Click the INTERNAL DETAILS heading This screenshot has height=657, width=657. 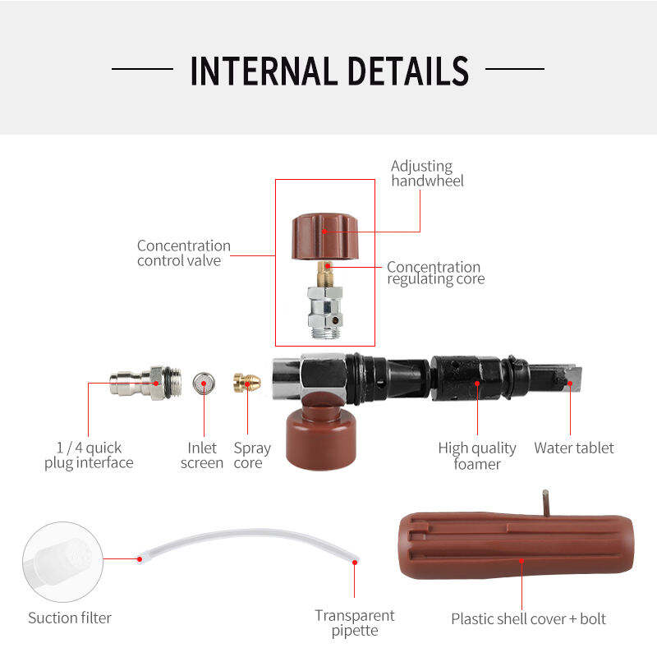[x=329, y=71]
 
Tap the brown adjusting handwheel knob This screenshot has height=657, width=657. [x=325, y=237]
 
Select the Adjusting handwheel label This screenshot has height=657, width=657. [x=427, y=173]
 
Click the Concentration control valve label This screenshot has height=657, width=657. [x=183, y=253]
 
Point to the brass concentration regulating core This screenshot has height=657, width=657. [x=325, y=274]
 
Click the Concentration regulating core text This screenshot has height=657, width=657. [x=436, y=273]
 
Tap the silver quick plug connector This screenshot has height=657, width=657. [x=145, y=383]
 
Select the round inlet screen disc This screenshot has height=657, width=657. [x=204, y=383]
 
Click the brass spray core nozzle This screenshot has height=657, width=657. [x=247, y=382]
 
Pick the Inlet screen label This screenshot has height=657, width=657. [x=202, y=455]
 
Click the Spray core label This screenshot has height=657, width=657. [x=252, y=456]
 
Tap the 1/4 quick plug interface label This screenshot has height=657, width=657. [x=89, y=455]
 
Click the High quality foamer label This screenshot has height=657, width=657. [x=477, y=456]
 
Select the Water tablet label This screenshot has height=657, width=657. [x=573, y=448]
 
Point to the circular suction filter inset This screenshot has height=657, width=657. [x=63, y=562]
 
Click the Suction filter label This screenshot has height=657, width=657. [x=70, y=618]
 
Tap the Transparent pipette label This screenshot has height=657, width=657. [x=355, y=623]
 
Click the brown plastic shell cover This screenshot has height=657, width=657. [x=517, y=545]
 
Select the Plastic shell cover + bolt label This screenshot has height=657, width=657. [x=528, y=619]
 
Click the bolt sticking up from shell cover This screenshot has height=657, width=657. [x=545, y=503]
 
